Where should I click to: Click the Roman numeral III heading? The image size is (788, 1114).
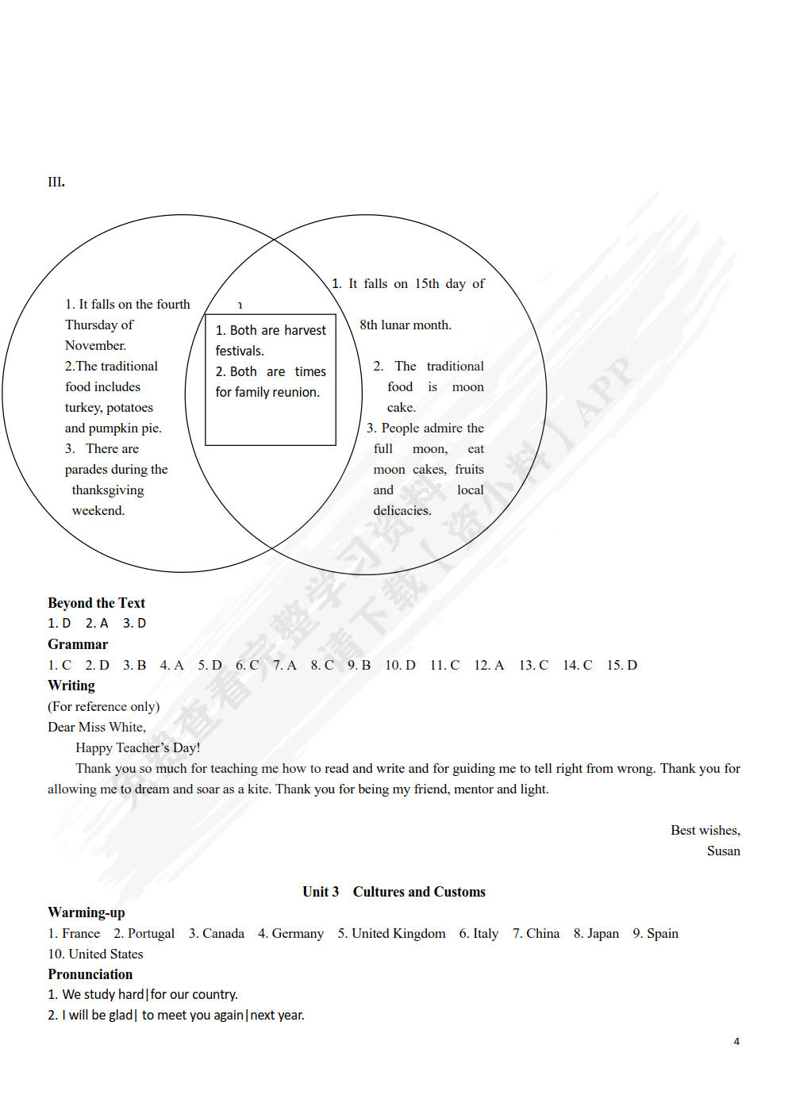pyautogui.click(x=56, y=182)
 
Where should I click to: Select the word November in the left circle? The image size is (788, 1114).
pyautogui.click(x=95, y=346)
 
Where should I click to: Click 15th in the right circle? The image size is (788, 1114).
pyautogui.click(x=427, y=284)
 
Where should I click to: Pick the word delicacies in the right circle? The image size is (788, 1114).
pyautogui.click(x=402, y=511)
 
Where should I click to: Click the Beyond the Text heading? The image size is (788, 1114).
pyautogui.click(x=96, y=603)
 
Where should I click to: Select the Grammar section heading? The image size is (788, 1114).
pyautogui.click(x=78, y=644)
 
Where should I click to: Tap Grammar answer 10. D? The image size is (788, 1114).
pyautogui.click(x=400, y=665)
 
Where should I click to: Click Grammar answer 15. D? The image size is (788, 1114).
pyautogui.click(x=622, y=665)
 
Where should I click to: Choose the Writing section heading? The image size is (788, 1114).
pyautogui.click(x=71, y=686)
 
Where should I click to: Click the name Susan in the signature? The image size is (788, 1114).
pyautogui.click(x=723, y=851)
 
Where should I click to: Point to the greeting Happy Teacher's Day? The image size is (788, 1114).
pyautogui.click(x=138, y=747)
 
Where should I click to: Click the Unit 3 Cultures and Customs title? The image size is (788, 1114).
pyautogui.click(x=394, y=892)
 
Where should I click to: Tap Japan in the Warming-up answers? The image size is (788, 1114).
pyautogui.click(x=602, y=933)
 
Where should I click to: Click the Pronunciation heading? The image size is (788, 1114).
pyautogui.click(x=90, y=974)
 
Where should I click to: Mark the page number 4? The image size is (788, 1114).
pyautogui.click(x=736, y=1041)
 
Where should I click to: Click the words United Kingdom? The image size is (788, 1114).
pyautogui.click(x=398, y=933)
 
